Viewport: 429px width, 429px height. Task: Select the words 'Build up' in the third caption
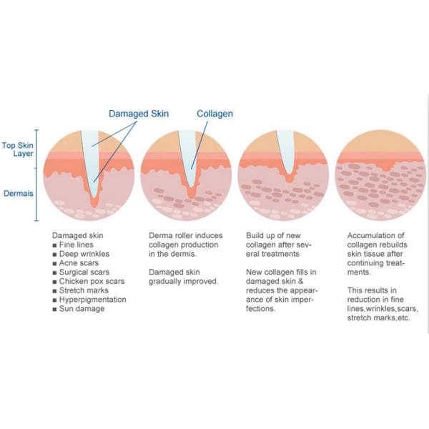[262, 236]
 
